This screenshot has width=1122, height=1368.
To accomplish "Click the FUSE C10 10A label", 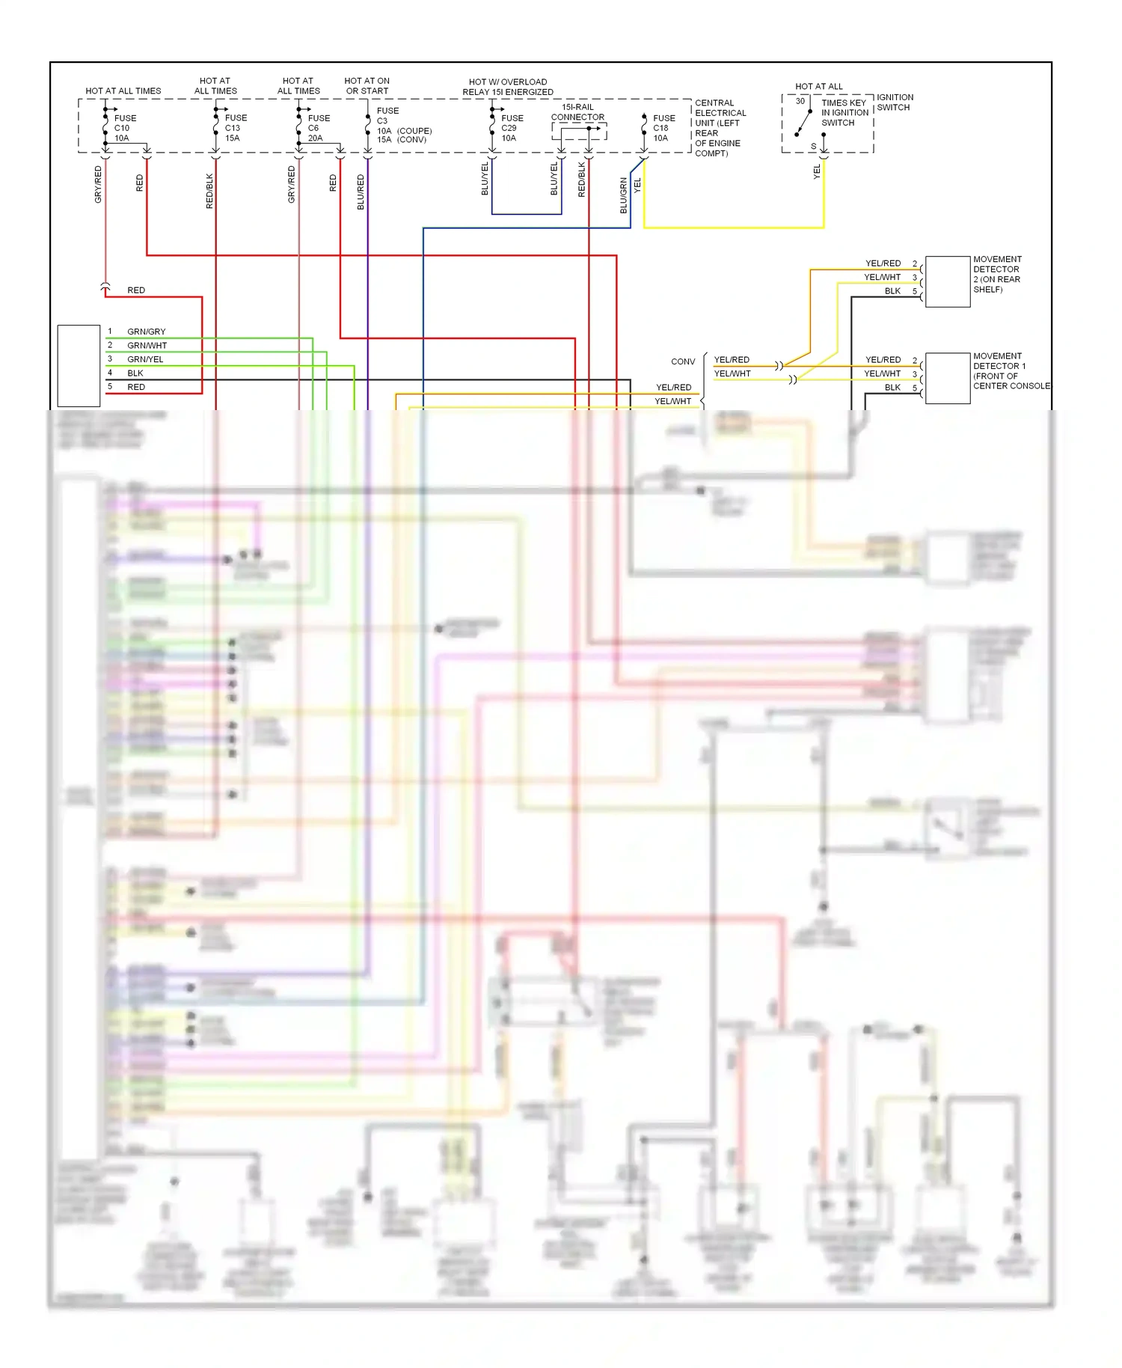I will (x=124, y=128).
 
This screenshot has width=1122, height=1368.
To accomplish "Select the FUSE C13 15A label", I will (x=235, y=128).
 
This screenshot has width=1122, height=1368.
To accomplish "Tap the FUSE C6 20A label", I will (x=318, y=128).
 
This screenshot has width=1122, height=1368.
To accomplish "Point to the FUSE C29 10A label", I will (x=512, y=128).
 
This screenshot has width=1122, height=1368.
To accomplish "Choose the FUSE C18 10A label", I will (x=663, y=128).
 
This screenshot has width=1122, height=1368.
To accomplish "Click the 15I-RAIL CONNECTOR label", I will (x=577, y=112).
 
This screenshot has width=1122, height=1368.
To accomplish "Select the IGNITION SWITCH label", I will (x=895, y=103).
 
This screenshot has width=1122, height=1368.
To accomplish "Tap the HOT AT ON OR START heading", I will (x=367, y=86).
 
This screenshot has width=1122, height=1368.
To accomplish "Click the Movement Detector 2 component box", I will (x=948, y=281).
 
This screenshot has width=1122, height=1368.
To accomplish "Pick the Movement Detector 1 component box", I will (x=948, y=378).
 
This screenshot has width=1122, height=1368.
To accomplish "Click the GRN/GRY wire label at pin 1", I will (x=147, y=332).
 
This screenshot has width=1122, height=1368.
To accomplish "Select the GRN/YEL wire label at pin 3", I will (x=145, y=359).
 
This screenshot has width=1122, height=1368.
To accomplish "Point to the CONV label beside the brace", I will (x=683, y=361).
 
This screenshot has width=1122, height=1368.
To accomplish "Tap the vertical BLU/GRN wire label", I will (x=624, y=195).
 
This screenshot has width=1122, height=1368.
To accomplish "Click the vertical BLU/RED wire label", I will (x=361, y=192).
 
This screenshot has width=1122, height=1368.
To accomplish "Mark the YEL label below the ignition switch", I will (x=817, y=172).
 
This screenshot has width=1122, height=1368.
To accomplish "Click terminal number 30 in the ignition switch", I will (x=800, y=101).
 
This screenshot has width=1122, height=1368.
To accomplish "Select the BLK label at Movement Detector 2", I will (x=892, y=291).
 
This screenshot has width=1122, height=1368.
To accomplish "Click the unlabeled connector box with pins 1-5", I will (x=79, y=366).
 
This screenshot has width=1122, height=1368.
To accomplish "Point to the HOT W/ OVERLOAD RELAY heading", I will (x=508, y=87).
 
